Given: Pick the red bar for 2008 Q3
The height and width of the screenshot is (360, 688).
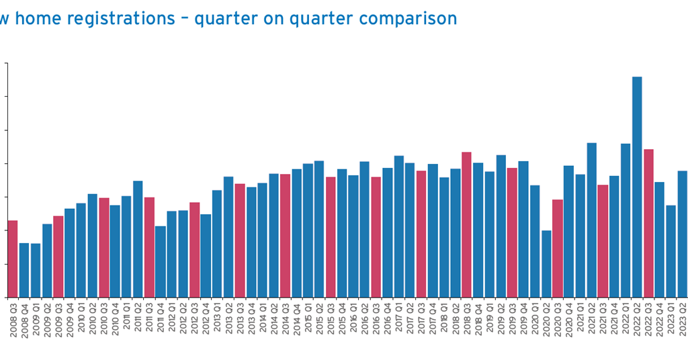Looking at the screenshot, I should (x=13, y=259).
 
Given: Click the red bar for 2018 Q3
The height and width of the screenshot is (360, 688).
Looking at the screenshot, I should (x=467, y=224).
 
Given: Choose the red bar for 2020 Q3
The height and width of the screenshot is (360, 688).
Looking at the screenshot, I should (x=558, y=248).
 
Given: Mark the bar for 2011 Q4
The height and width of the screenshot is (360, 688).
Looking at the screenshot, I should (x=160, y=261).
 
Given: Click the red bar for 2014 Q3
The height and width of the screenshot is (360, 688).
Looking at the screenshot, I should (x=285, y=235).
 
